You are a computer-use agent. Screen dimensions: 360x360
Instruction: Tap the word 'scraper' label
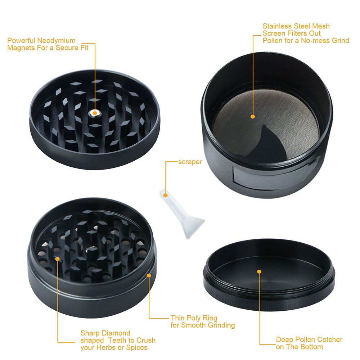click(x=190, y=162)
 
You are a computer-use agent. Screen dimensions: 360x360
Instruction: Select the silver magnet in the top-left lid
click(x=94, y=113)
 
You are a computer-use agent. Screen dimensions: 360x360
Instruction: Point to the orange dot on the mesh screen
click(x=253, y=116)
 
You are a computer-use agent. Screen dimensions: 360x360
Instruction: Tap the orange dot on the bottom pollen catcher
click(x=259, y=271)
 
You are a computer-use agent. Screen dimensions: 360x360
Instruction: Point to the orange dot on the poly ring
click(x=149, y=275)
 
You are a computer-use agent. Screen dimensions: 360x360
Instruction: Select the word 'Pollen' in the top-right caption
click(x=273, y=40)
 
